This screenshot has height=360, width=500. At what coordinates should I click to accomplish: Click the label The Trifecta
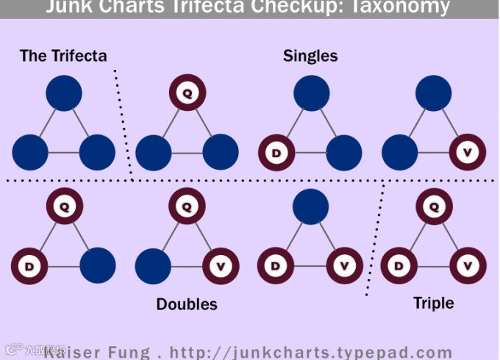pyautogui.click(x=63, y=56)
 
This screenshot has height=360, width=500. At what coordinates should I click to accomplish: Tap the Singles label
pyautogui.click(x=310, y=56)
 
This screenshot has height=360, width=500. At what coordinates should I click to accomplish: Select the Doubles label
pyautogui.click(x=187, y=303)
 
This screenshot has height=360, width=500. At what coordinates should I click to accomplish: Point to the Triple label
pyautogui.click(x=434, y=303)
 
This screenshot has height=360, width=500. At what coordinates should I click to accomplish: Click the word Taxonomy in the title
pyautogui.click(x=404, y=7)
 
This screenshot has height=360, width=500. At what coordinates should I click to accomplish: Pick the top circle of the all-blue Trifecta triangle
pyautogui.click(x=64, y=93)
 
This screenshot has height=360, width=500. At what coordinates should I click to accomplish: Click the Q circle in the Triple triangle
pyautogui.click(x=434, y=207)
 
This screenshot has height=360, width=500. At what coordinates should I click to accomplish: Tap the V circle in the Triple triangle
pyautogui.click(x=468, y=266)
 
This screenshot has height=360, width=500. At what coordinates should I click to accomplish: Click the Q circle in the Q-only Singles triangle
pyautogui.click(x=187, y=93)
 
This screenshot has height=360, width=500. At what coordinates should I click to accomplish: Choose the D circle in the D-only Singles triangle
pyautogui.click(x=276, y=153)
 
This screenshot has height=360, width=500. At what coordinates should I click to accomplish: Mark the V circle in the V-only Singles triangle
pyautogui.click(x=468, y=153)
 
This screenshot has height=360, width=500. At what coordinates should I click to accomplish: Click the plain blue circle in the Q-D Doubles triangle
pyautogui.click(x=97, y=266)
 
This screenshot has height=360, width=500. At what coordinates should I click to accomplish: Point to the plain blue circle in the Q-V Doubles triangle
pyautogui.click(x=153, y=266)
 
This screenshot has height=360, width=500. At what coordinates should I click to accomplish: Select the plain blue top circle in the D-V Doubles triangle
pyautogui.click(x=310, y=207)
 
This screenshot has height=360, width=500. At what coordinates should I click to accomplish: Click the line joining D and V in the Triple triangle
pyautogui.click(x=434, y=266)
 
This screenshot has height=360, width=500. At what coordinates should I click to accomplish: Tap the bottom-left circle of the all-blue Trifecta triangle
pyautogui.click(x=30, y=153)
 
